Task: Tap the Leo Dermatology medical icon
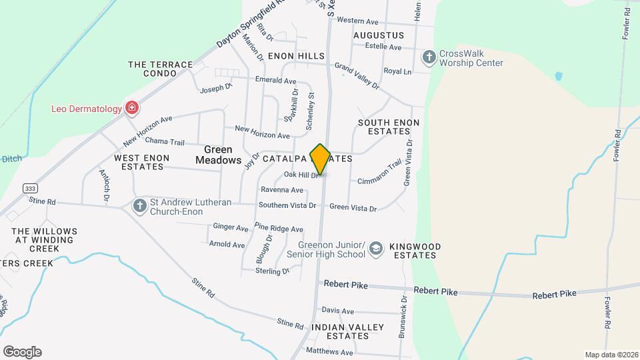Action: pos(132,108)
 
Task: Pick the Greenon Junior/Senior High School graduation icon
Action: pos(376,249)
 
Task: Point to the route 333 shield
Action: pos(29,188)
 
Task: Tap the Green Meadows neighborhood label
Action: pos(218,155)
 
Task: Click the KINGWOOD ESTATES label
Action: pos(415,251)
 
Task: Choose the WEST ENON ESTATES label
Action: pos(141,162)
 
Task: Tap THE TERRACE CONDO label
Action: pos(160,69)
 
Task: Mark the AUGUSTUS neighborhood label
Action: pos(379,35)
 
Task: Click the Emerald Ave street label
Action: pos(275,81)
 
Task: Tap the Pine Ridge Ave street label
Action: pos(279,229)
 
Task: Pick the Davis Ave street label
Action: pos(337,311)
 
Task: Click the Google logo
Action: pos(22,352)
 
